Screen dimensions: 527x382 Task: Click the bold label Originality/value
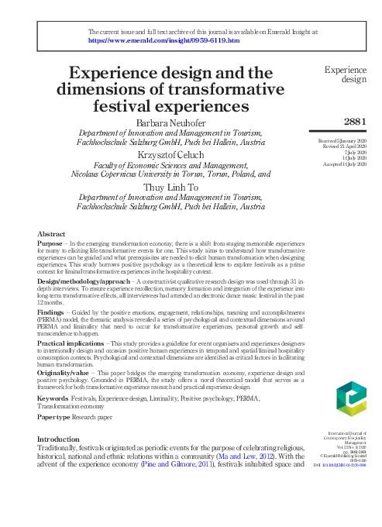tap(67, 371)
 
